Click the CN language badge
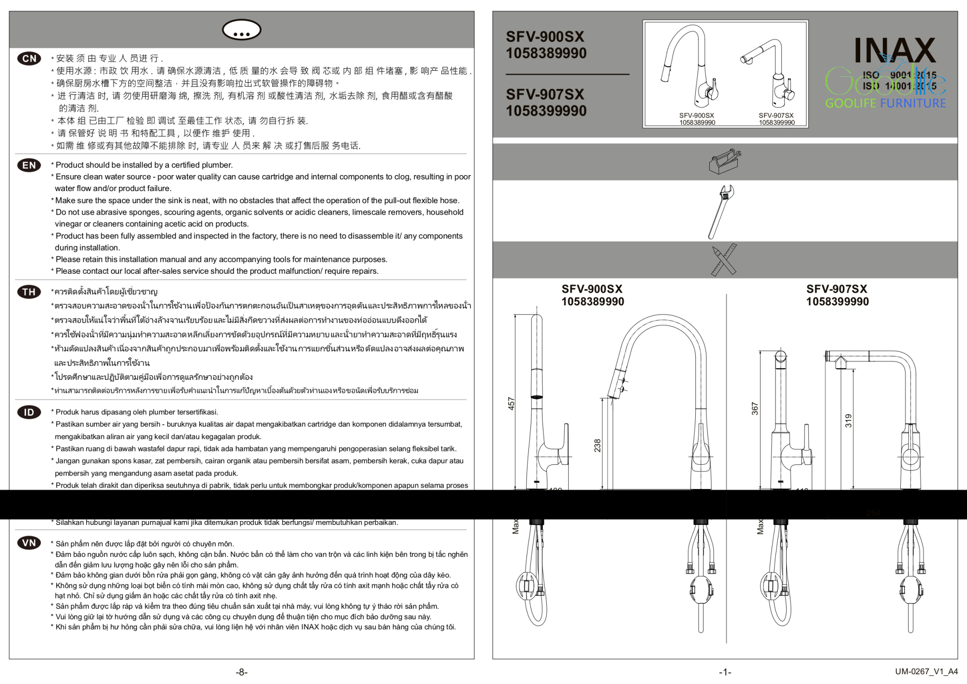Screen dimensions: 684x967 tap(29, 59)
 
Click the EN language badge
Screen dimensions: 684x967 tap(29, 165)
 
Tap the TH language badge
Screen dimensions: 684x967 tap(29, 292)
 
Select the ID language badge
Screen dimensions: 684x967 tap(29, 412)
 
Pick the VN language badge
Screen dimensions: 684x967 tap(29, 543)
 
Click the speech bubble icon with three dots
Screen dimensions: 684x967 tap(241, 30)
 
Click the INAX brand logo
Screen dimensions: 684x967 tap(894, 50)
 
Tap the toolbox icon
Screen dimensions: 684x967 tap(725, 162)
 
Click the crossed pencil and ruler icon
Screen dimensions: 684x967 tap(724, 260)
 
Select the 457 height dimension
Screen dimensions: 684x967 tap(512, 403)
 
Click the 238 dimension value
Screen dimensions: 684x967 tap(598, 445)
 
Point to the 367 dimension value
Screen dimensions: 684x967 tap(755, 409)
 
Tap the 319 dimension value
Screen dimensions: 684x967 tap(848, 420)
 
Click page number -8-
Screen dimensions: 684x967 tap(242, 672)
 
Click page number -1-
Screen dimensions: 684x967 tap(725, 672)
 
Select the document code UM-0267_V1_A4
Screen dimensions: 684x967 tap(926, 671)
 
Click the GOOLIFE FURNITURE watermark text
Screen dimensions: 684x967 tap(885, 103)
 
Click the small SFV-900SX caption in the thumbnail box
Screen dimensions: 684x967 tap(696, 116)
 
